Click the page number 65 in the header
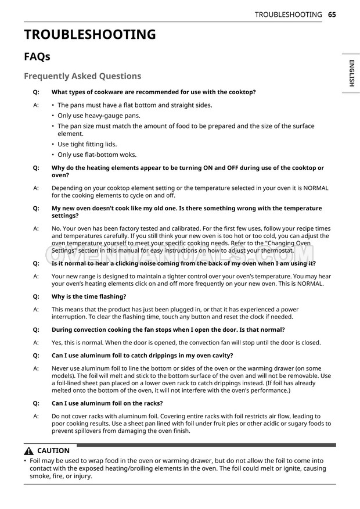click(x=332, y=15)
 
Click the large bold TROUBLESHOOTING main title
click(x=89, y=35)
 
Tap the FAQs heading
click(x=37, y=57)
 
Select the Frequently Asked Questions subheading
click(x=82, y=76)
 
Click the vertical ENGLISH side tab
click(x=351, y=73)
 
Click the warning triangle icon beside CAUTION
click(x=29, y=451)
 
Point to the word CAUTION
click(x=53, y=451)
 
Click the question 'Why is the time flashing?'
click(x=89, y=296)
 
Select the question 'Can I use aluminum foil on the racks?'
click(x=107, y=403)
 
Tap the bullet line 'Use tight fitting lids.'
click(x=87, y=144)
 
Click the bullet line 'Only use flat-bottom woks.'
click(x=97, y=155)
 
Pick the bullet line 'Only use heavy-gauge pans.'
click(x=99, y=116)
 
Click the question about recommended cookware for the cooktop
click(x=153, y=92)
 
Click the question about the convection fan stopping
click(x=168, y=329)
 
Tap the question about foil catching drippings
click(x=142, y=355)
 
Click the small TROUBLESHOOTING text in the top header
click(x=288, y=15)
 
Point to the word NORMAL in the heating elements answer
click(x=314, y=188)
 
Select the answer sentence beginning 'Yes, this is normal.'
click(x=186, y=343)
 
